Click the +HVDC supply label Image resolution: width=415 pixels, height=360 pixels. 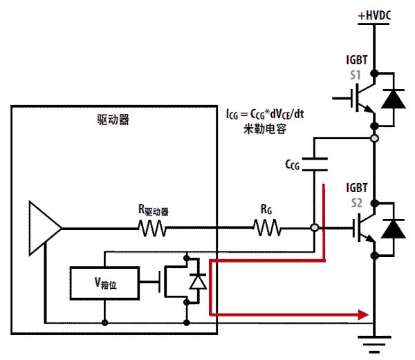pyautogui.click(x=374, y=15)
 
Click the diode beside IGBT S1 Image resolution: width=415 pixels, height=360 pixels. pyautogui.click(x=394, y=100)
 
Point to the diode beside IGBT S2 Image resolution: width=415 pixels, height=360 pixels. pyautogui.click(x=394, y=229)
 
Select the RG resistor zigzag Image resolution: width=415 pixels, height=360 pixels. pyautogui.click(x=266, y=227)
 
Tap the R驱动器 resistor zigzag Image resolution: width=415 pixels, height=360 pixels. pyautogui.click(x=154, y=227)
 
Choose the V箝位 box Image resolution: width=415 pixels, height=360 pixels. pyautogui.click(x=104, y=282)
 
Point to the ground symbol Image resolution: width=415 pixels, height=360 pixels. pyautogui.click(x=374, y=341)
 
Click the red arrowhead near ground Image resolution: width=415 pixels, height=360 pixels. pyautogui.click(x=361, y=315)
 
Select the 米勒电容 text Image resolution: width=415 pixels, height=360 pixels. pyautogui.click(x=266, y=129)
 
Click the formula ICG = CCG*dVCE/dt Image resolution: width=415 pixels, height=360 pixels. pyautogui.click(x=266, y=114)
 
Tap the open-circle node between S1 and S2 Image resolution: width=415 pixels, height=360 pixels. pyautogui.click(x=374, y=139)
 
